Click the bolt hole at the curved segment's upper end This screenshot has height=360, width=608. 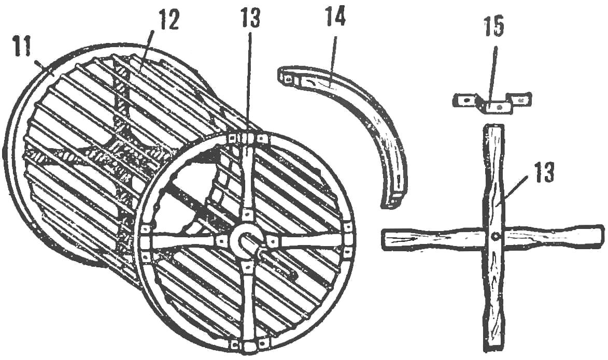click(x=287, y=79)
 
